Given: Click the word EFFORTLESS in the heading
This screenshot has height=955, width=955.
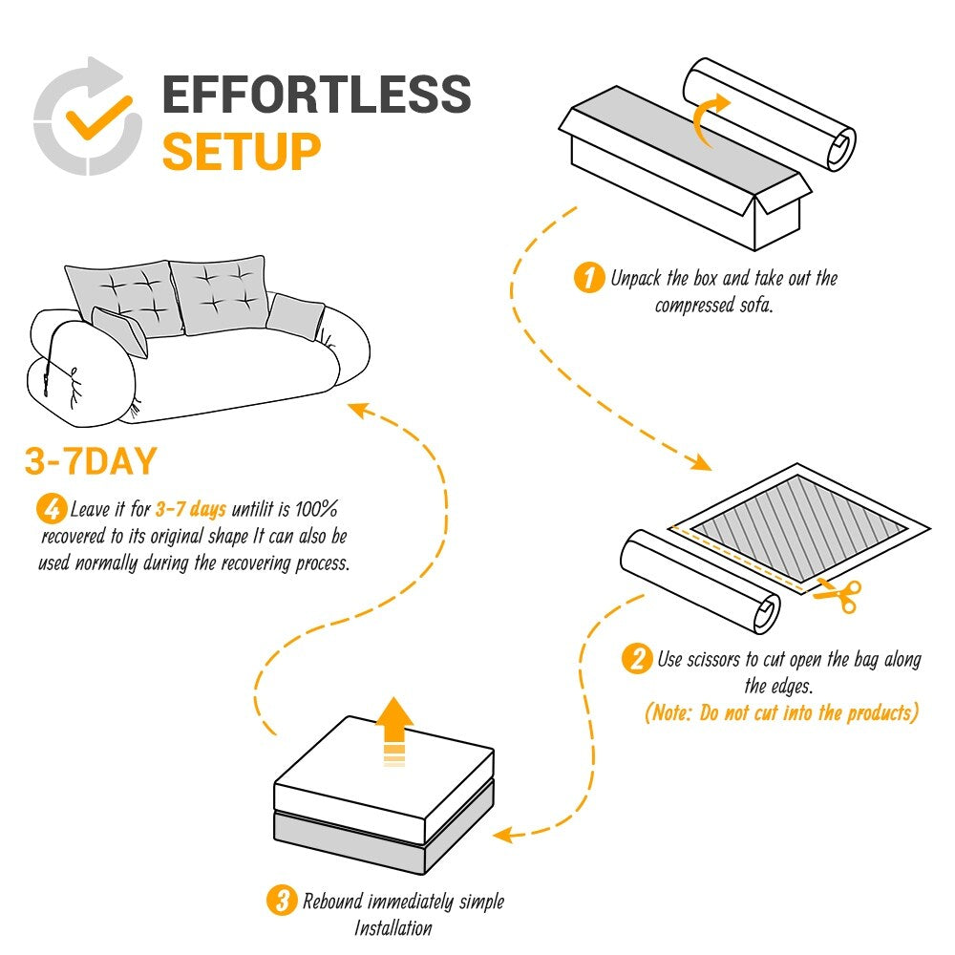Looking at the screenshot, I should (x=316, y=95).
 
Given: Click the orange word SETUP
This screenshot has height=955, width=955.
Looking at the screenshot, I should (x=241, y=151).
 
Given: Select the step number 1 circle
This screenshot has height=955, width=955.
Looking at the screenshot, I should (x=589, y=279).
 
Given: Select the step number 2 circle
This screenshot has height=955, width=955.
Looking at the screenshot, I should (x=635, y=659).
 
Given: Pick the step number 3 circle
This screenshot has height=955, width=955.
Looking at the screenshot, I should (x=281, y=901).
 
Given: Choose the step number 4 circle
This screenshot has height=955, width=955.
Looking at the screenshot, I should (x=51, y=508).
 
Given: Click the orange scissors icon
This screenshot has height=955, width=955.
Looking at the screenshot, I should (x=838, y=595).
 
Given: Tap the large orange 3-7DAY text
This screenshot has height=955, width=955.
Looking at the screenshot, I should (x=90, y=462).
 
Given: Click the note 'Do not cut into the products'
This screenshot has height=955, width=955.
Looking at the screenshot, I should (x=781, y=712).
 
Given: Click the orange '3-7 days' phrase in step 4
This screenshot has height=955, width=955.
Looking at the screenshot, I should (x=191, y=508).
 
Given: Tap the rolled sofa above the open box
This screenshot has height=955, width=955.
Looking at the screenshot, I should (x=769, y=115).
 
